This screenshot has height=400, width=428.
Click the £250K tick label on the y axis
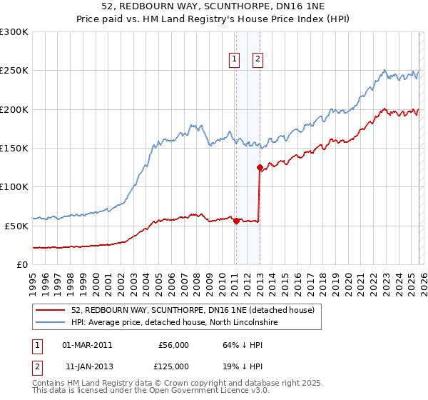14,71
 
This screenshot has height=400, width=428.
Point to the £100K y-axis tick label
14,187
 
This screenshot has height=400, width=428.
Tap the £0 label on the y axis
23,264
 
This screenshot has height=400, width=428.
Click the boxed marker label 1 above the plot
235,60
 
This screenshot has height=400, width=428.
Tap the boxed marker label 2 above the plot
257,60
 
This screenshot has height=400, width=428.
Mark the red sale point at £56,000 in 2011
235,221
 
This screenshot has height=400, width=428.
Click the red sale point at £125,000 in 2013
260,167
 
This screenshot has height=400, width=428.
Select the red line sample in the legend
51,310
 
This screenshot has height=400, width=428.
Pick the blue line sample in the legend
51,322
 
